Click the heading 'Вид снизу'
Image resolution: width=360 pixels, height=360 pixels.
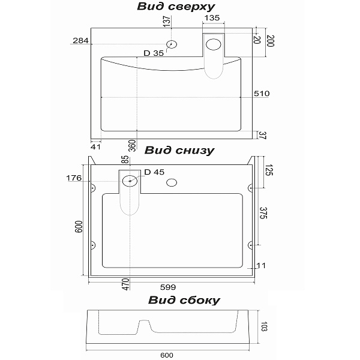point(179,150)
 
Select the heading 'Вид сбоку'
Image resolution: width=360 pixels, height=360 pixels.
point(184,300)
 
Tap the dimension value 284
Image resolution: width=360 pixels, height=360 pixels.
point(80,41)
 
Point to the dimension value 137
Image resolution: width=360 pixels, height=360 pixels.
point(167,22)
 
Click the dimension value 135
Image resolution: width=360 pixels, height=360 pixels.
point(211,18)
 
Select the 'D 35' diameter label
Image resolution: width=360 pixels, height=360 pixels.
point(154,53)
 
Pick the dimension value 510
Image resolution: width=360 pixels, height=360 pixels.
point(262,94)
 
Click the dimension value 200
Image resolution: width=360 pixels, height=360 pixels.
point(270,42)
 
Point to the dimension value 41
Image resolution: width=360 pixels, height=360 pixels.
point(95,145)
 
